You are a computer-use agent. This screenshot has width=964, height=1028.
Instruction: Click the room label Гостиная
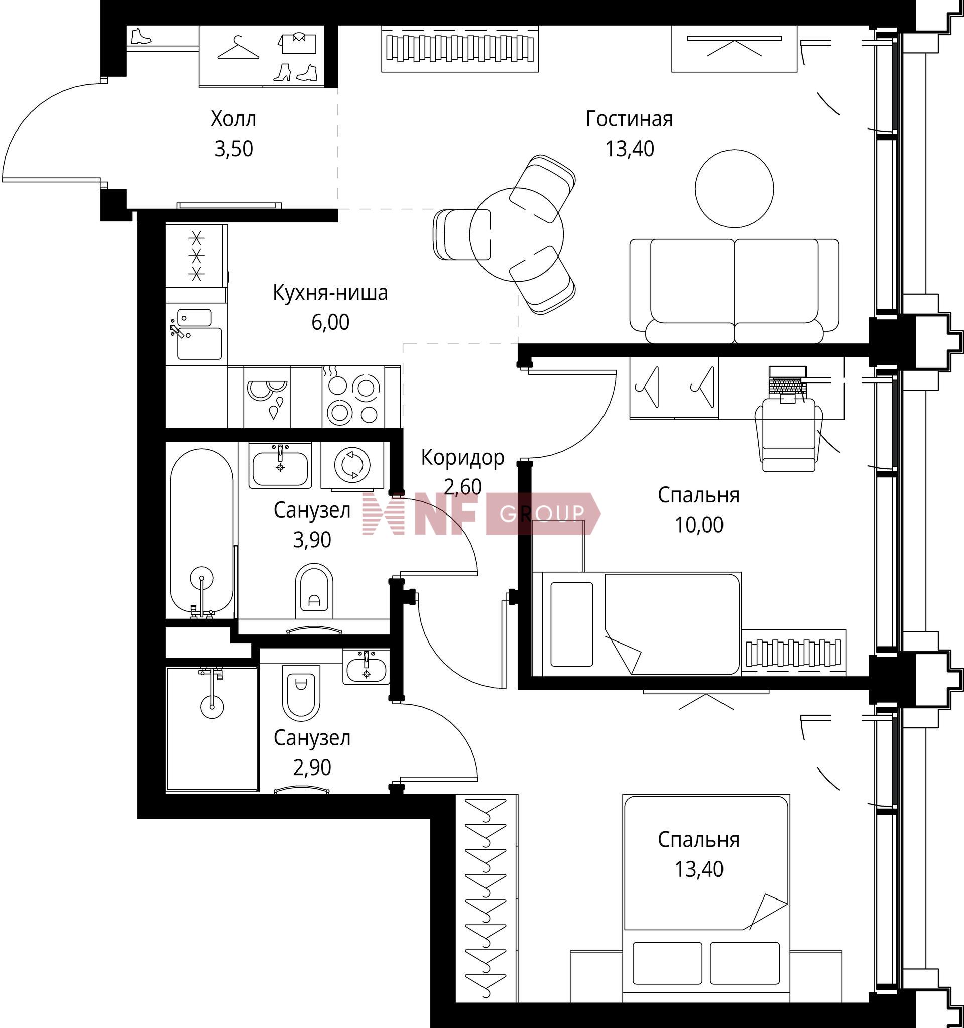pos(630,119)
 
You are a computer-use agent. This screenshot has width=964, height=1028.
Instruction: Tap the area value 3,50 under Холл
pos(234,149)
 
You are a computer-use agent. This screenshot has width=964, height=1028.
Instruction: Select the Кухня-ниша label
pos(330,293)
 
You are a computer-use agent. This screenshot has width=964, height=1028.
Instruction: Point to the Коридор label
pos(462,458)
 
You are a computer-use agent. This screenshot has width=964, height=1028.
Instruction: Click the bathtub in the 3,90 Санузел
pos(202,533)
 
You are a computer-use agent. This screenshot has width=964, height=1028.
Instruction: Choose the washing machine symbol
pos(352,464)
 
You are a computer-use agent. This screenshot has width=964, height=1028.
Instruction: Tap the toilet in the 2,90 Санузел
pos(301,693)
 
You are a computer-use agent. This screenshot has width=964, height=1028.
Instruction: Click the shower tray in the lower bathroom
pos(212,729)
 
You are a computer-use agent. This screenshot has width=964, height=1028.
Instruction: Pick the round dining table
pos(517,234)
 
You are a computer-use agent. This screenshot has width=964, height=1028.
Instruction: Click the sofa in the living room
pos(735,291)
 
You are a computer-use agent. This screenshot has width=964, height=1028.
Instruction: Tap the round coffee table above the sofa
pos(735,188)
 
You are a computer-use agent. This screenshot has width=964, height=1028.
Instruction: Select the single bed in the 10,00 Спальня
pos(637,624)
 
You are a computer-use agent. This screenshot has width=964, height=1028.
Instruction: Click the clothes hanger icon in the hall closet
pos(238,48)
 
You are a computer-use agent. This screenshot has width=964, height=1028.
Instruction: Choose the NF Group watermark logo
pos(481,513)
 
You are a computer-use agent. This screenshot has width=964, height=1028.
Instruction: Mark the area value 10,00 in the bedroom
pos(699,525)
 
